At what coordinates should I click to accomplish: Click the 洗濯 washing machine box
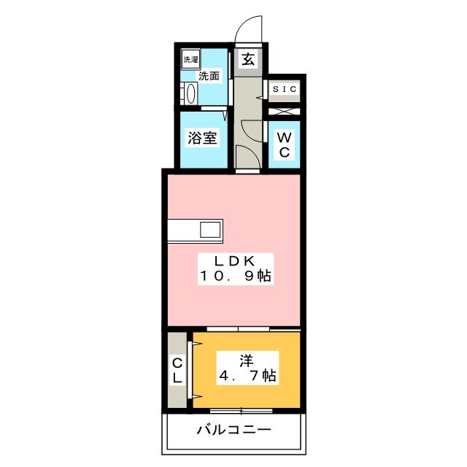[x=190, y=60]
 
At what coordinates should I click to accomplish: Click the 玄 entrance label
[x=248, y=60]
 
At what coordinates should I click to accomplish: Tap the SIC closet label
[x=285, y=89]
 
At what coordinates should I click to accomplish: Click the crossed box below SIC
[x=285, y=112]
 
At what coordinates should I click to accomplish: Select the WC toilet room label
[x=285, y=144]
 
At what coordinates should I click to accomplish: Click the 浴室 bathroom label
[x=201, y=139]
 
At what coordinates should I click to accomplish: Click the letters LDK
[x=234, y=261]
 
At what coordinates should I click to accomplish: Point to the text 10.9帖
[x=234, y=277]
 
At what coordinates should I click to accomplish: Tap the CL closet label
[x=177, y=370]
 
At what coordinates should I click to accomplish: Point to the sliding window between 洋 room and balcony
[x=240, y=411]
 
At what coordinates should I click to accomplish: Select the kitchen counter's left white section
[x=182, y=230]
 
